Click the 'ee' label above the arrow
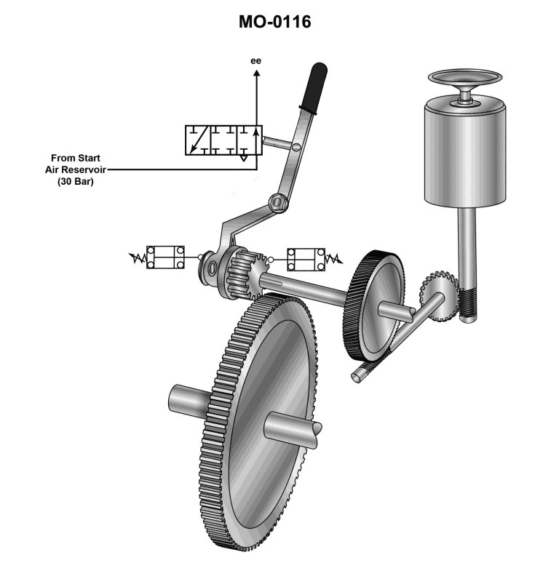[255, 60]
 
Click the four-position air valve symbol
[222, 140]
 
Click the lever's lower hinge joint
[276, 201]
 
